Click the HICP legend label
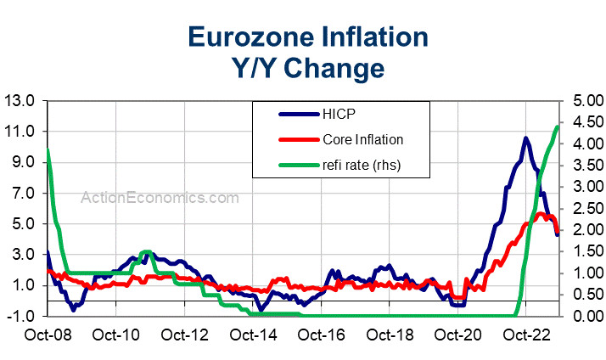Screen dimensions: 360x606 tap(339, 114)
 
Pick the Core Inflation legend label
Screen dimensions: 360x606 tap(362, 139)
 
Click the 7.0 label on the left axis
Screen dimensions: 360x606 tap(25, 193)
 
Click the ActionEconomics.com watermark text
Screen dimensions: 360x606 tap(160, 197)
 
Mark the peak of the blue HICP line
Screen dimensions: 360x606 tap(526, 138)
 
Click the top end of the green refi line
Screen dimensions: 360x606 tap(557, 127)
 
